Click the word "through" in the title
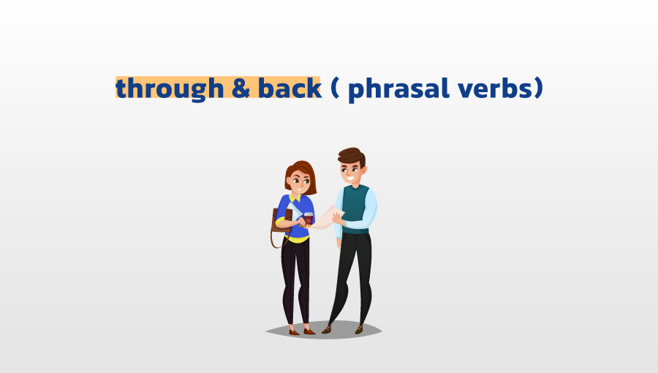pyautogui.click(x=170, y=88)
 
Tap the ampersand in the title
pyautogui.click(x=241, y=88)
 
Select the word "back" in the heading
pyautogui.click(x=290, y=87)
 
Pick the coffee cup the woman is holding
pyautogui.click(x=309, y=219)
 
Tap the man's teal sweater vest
pyautogui.click(x=355, y=208)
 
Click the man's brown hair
pyautogui.click(x=352, y=156)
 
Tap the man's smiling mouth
pyautogui.click(x=350, y=178)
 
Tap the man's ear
pyautogui.click(x=364, y=170)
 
